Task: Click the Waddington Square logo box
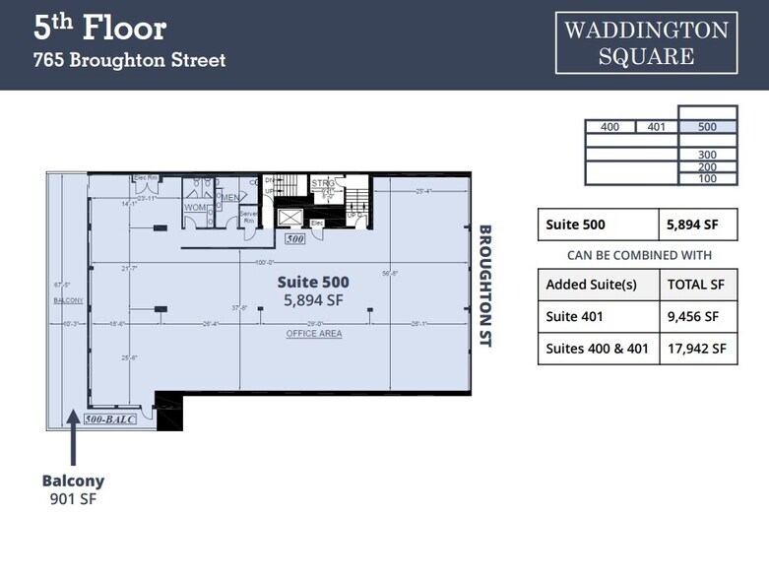(x=646, y=42)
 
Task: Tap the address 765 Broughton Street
(x=129, y=60)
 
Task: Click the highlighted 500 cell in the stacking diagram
(x=707, y=127)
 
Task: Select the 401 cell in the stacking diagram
(x=656, y=127)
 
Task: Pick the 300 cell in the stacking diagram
(x=707, y=155)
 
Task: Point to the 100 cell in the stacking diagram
(x=707, y=178)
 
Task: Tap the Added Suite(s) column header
(x=592, y=286)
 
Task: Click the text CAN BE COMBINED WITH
(x=638, y=255)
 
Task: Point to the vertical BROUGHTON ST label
(x=484, y=286)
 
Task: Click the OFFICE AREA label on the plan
(x=314, y=334)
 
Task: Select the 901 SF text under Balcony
(x=73, y=499)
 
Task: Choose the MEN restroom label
(x=229, y=198)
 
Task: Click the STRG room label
(x=322, y=183)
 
